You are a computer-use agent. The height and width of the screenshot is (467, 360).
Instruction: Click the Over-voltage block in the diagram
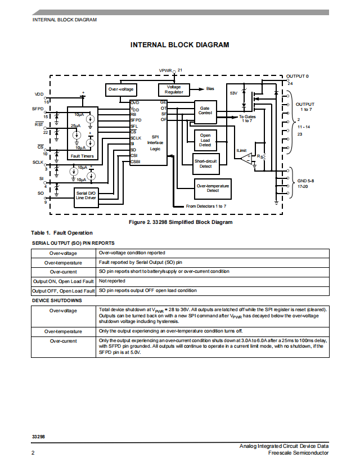[121, 89]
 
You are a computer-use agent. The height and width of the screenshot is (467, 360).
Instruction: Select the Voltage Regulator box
[174, 89]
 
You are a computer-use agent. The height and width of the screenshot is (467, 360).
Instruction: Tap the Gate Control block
[205, 112]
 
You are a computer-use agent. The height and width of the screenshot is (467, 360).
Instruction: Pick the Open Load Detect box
[205, 140]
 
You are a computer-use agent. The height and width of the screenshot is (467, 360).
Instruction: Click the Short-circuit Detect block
[206, 164]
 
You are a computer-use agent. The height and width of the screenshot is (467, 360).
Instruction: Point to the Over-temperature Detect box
[213, 189]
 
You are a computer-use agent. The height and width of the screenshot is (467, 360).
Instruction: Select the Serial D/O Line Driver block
[86, 197]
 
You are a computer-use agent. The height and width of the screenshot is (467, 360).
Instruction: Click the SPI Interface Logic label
[155, 143]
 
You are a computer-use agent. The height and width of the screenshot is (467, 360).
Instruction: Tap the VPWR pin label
[165, 70]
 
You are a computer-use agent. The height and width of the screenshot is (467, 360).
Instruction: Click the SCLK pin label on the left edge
[38, 162]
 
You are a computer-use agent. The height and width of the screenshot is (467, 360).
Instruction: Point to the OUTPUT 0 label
[297, 77]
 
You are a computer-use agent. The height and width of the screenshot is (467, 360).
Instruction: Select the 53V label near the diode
[234, 93]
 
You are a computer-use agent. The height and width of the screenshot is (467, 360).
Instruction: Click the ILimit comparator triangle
[247, 159]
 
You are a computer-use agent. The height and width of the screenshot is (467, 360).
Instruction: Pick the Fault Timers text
[82, 156]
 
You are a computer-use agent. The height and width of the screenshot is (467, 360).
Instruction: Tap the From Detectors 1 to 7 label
[206, 206]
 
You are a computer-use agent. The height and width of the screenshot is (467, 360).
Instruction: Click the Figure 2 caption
[181, 222]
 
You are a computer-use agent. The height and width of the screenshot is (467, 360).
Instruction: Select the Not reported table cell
[112, 281]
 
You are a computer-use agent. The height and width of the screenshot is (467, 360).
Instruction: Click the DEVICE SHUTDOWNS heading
[57, 300]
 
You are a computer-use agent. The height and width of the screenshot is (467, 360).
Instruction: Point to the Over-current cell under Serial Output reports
[64, 272]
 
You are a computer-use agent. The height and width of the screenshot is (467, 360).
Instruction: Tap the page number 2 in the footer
[33, 453]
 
